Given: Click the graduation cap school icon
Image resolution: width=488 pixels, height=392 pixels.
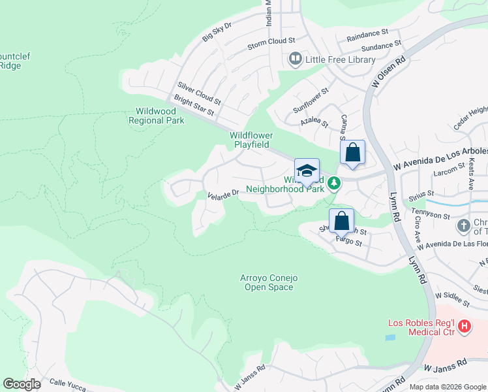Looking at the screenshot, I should click(x=307, y=171).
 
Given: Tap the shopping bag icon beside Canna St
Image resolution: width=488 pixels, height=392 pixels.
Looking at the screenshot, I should click(x=352, y=153).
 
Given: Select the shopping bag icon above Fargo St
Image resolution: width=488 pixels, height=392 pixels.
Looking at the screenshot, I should click(x=341, y=221).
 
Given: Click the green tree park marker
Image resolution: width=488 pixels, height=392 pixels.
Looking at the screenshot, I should click(x=334, y=183).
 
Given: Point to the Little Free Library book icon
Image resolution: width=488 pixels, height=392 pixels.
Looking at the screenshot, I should click(x=295, y=59).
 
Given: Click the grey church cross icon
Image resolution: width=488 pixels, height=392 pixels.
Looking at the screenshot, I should click(x=463, y=226).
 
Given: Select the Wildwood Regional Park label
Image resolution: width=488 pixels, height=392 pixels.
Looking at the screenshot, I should click(x=157, y=116).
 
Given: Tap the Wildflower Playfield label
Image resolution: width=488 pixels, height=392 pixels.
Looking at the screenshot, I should click(x=251, y=140).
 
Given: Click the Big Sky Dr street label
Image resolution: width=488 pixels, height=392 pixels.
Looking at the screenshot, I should click(x=217, y=30).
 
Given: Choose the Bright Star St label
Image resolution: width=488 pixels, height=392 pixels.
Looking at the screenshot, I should click(x=193, y=108).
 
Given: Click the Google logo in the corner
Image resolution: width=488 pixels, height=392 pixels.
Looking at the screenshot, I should click(x=22, y=384).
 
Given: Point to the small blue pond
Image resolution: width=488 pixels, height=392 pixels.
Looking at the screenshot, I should click(x=390, y=338).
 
